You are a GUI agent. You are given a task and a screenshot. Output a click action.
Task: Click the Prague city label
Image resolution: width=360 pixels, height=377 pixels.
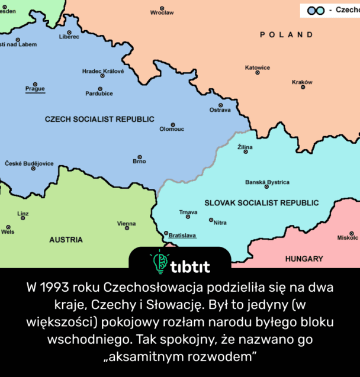tap(35, 89)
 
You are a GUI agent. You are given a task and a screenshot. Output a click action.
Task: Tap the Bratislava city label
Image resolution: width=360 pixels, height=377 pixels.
tap(182, 235)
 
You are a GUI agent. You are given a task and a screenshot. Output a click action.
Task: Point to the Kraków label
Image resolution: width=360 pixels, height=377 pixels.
tap(302, 82)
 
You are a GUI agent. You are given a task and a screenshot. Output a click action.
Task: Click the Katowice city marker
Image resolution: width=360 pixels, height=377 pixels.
tap(258, 73)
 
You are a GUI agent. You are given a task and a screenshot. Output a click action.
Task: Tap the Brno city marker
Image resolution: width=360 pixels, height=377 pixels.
tap(139, 157)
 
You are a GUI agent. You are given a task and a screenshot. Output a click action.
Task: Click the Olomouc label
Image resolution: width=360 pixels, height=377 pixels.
tap(172, 129)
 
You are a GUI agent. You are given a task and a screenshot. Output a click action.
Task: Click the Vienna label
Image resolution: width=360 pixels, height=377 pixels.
tap(126, 224)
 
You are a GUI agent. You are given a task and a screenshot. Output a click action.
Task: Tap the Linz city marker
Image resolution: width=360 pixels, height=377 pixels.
tap(23, 218)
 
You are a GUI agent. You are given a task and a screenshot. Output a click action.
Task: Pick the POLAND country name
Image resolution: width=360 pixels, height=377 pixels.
tap(287, 35)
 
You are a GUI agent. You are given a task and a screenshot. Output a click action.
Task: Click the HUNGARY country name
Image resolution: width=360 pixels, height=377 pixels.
tap(304, 259)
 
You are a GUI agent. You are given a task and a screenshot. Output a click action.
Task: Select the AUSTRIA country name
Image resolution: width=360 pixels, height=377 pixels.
tap(66, 240)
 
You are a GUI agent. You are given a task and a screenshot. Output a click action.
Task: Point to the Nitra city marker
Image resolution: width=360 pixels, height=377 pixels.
tap(211, 220)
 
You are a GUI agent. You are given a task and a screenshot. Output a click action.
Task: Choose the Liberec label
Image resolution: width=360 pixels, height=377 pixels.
tap(69, 37)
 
